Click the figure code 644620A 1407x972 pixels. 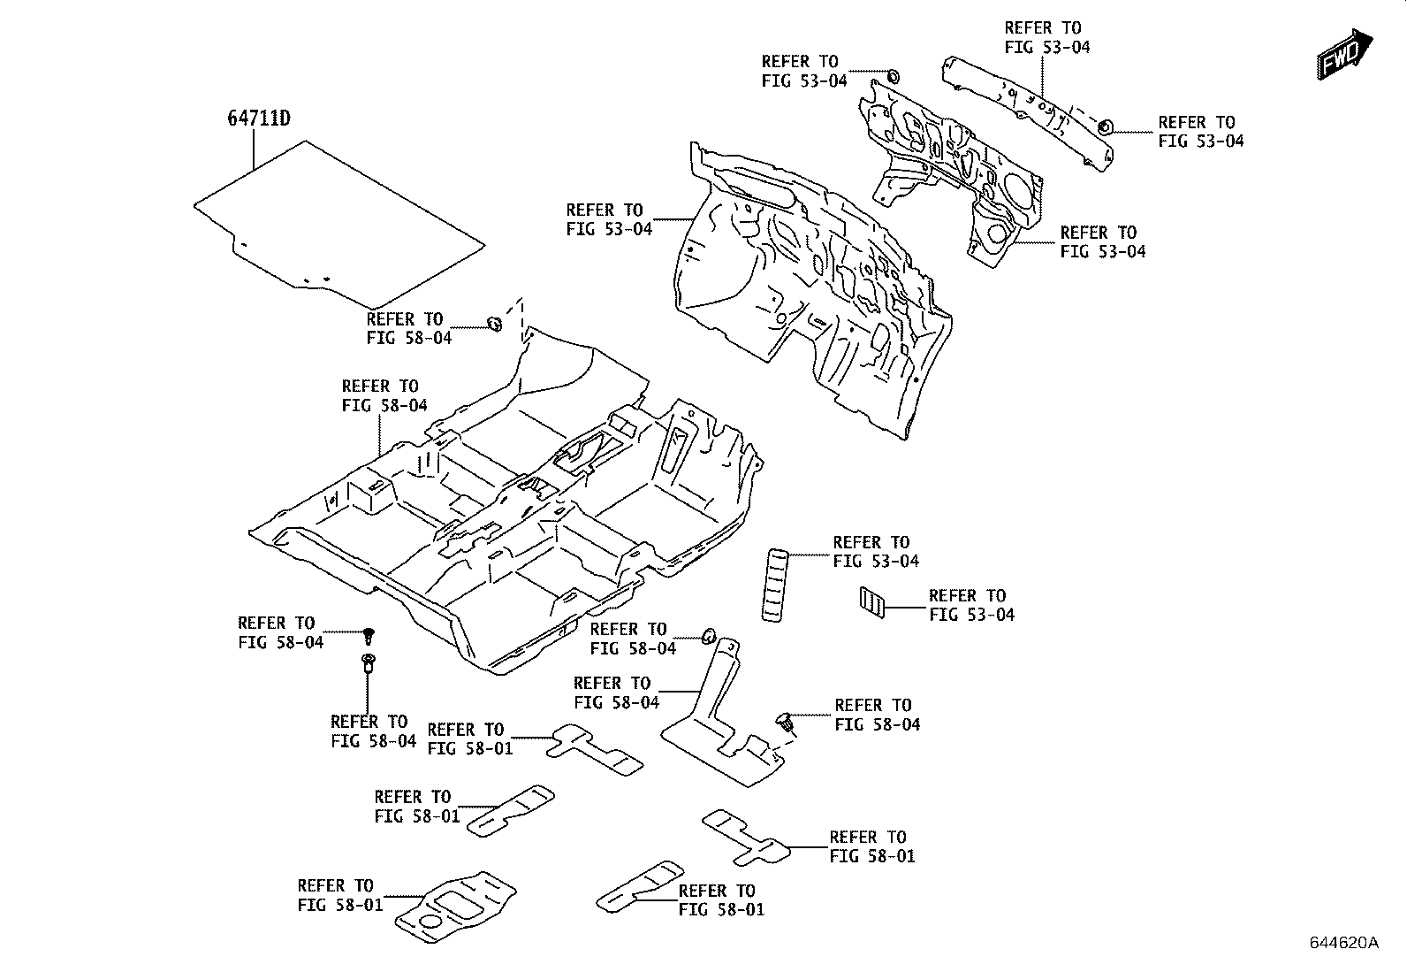pyautogui.click(x=1343, y=942)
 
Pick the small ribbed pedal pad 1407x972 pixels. pyautogui.click(x=871, y=602)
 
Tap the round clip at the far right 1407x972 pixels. pyautogui.click(x=1105, y=128)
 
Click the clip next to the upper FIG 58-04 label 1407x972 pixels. pyautogui.click(x=496, y=323)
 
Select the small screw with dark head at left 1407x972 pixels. pyautogui.click(x=369, y=633)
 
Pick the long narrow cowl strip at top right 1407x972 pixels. pyautogui.click(x=1030, y=106)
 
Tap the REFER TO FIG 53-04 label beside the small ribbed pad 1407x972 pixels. pyautogui.click(x=970, y=605)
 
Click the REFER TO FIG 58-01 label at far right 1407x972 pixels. pyautogui.click(x=871, y=846)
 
